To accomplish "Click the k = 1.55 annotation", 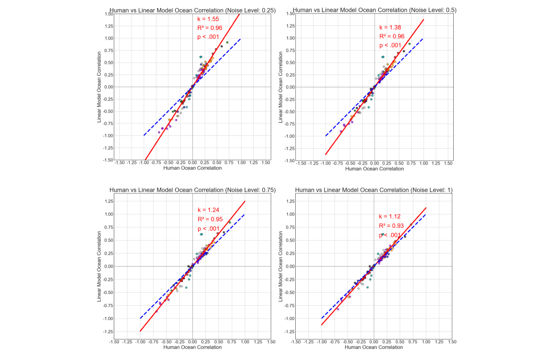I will point(208,19).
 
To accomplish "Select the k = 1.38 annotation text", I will point(390,27).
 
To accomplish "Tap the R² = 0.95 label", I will point(210,219).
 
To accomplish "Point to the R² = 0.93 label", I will point(391,226).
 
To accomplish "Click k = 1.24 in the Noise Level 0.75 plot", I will point(208,210).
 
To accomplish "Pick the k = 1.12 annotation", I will point(390,216).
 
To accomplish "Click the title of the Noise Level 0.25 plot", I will point(192,10).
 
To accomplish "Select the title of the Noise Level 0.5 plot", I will point(374,10).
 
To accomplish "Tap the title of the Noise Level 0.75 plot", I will point(192,190).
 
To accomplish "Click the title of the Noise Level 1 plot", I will point(374,190).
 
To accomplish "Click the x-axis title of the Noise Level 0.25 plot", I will point(192,168).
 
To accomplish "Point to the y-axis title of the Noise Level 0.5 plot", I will point(280,87).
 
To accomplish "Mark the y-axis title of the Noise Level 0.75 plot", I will point(99,266).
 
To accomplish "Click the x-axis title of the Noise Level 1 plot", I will point(374,347).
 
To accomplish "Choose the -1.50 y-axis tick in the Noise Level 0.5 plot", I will point(289,161).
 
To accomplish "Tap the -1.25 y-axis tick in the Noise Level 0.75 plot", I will point(108,332).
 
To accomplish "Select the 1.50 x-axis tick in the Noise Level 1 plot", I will point(452,342).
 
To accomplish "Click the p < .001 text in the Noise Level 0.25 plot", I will point(208,37).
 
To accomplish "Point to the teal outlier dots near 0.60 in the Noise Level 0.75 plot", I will point(201,234).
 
